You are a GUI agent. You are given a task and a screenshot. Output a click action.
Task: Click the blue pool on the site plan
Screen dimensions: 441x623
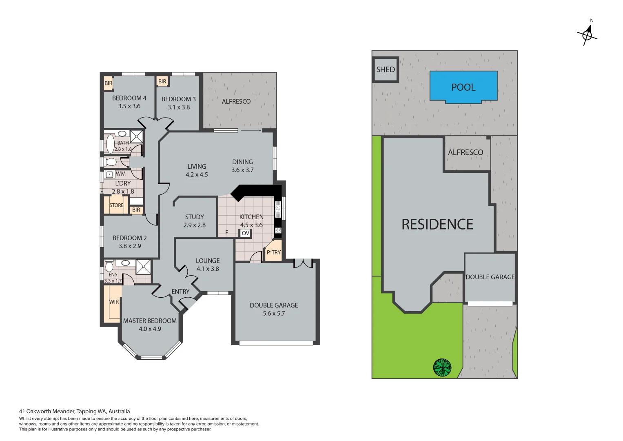tap(463, 86)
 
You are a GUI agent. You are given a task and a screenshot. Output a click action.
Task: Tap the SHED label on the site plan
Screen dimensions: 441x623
tap(385, 69)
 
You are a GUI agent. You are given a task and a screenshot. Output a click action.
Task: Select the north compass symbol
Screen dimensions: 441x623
tap(588, 34)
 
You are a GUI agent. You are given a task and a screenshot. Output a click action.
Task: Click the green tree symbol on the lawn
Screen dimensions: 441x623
tap(442, 367)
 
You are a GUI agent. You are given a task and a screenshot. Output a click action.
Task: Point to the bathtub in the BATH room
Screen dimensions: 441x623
tap(110, 144)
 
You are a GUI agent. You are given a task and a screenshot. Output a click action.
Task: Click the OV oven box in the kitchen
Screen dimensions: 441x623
tap(245, 233)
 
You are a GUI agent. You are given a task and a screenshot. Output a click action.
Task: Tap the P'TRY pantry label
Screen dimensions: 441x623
tap(273, 252)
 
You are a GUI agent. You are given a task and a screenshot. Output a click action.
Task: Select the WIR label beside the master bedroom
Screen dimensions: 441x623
tap(114, 302)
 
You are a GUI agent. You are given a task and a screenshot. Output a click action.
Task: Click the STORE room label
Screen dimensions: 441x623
tap(116, 205)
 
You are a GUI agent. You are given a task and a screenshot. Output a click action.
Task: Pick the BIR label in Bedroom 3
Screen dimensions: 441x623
tap(162, 81)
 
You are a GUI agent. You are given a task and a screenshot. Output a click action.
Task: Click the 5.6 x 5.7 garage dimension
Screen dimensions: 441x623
tap(274, 314)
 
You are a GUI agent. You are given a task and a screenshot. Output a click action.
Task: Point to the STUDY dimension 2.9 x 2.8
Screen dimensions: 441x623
tap(194, 225)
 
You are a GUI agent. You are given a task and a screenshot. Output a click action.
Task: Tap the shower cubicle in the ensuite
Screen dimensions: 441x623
tap(143, 267)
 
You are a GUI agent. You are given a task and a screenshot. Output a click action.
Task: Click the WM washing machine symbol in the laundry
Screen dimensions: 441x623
tap(109, 174)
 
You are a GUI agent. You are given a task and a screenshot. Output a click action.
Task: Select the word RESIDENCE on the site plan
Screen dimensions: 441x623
tap(437, 224)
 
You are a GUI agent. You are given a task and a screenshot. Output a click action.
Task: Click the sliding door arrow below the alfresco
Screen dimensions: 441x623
tap(251, 131)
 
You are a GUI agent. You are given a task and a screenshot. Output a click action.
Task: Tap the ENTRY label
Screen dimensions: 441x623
tap(180, 292)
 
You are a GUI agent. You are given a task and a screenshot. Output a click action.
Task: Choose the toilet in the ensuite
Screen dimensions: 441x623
tap(109, 267)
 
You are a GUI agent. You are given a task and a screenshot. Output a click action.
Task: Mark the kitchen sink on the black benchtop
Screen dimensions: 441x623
tap(278, 209)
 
